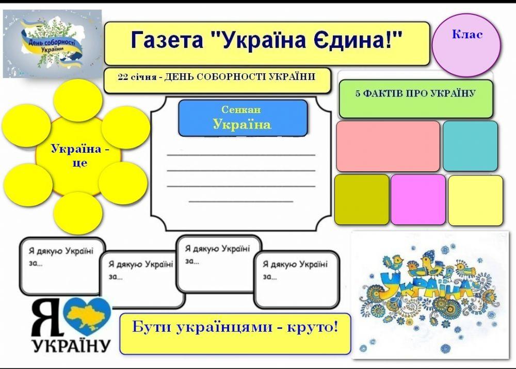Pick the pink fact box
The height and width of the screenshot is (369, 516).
point(388,146)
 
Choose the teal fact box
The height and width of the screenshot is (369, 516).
point(470,146)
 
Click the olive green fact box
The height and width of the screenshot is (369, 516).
point(362,200)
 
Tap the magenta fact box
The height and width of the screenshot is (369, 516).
point(418,200)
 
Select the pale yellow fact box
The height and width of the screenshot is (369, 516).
point(475,201)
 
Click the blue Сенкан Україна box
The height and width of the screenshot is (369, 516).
point(242,118)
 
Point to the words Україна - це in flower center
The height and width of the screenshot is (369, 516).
point(79,155)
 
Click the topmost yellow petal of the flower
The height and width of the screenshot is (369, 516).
point(78,100)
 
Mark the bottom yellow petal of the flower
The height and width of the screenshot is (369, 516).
point(78,213)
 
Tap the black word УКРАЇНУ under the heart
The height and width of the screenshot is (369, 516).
point(71,344)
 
